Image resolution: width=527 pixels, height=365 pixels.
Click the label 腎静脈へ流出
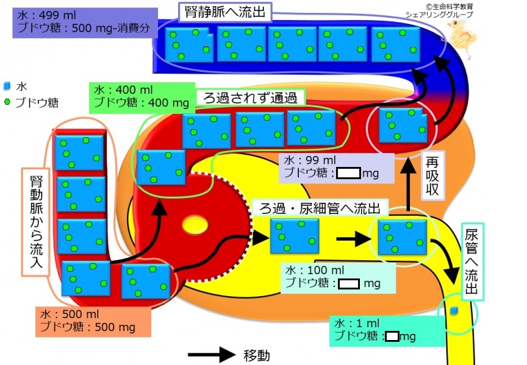click(x=225, y=12)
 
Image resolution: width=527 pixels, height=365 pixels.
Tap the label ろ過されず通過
click(x=250, y=97)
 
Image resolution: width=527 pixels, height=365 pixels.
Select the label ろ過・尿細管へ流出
click(x=320, y=208)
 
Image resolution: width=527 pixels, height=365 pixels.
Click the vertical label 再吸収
click(x=432, y=175)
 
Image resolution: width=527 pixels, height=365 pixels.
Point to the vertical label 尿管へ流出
click(x=471, y=262)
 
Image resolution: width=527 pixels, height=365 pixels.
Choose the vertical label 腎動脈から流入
click(x=37, y=222)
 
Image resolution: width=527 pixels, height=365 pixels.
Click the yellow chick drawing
click(x=462, y=38)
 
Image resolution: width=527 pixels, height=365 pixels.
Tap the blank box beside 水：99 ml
click(x=348, y=173)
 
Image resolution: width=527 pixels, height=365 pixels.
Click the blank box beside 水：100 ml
click(x=348, y=284)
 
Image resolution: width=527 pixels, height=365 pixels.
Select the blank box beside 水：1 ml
click(x=392, y=336)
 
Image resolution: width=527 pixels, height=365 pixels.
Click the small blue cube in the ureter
click(x=454, y=311)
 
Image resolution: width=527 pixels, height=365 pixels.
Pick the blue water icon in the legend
click(x=7, y=87)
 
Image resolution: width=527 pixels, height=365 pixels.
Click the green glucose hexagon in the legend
click(x=7, y=102)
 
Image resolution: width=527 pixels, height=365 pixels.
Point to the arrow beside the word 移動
click(x=212, y=355)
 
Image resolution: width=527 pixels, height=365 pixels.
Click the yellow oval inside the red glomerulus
click(x=195, y=225)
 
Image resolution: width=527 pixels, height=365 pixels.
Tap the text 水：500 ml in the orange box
click(x=70, y=314)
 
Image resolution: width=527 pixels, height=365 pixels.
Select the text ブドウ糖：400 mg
click(x=141, y=102)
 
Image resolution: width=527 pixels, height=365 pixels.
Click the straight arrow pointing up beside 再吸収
click(x=409, y=185)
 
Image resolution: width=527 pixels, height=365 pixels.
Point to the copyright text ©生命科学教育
click(x=449, y=7)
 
